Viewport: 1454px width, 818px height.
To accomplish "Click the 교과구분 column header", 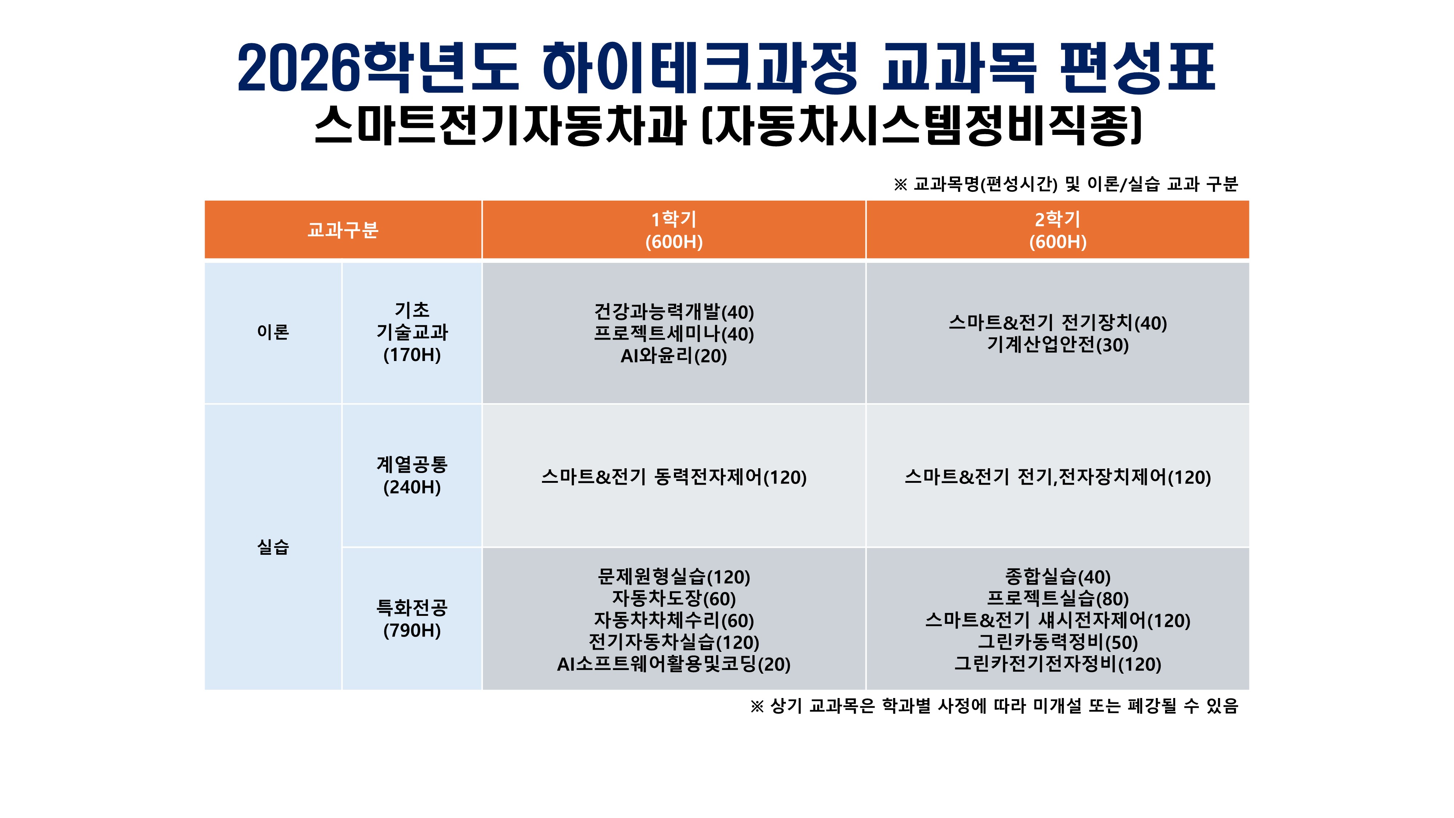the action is (343, 230).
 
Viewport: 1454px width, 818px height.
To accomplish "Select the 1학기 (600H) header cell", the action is (674, 230).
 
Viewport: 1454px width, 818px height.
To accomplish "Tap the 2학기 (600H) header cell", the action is (1058, 230).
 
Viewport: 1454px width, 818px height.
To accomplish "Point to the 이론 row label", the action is (273, 332).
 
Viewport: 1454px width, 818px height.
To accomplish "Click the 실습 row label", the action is (273, 546).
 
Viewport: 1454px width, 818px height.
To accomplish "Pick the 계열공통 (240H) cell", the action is (412, 475).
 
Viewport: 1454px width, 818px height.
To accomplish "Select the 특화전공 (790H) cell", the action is (412, 619).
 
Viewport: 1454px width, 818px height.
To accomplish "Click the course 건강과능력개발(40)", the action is (674, 312).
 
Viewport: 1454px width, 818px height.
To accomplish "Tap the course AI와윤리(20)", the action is (674, 356).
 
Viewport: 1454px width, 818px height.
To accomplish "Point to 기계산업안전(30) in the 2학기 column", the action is (1058, 344).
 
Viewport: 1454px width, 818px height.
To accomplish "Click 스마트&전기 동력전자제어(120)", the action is (674, 477).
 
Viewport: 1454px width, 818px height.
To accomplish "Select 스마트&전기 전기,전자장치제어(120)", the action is (1058, 477).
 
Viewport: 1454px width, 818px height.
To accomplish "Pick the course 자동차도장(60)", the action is (674, 598).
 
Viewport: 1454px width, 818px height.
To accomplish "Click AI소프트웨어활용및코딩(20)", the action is (674, 664).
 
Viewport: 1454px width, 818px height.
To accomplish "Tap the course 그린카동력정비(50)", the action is (1058, 642).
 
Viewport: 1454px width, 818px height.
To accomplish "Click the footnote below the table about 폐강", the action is (994, 706).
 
